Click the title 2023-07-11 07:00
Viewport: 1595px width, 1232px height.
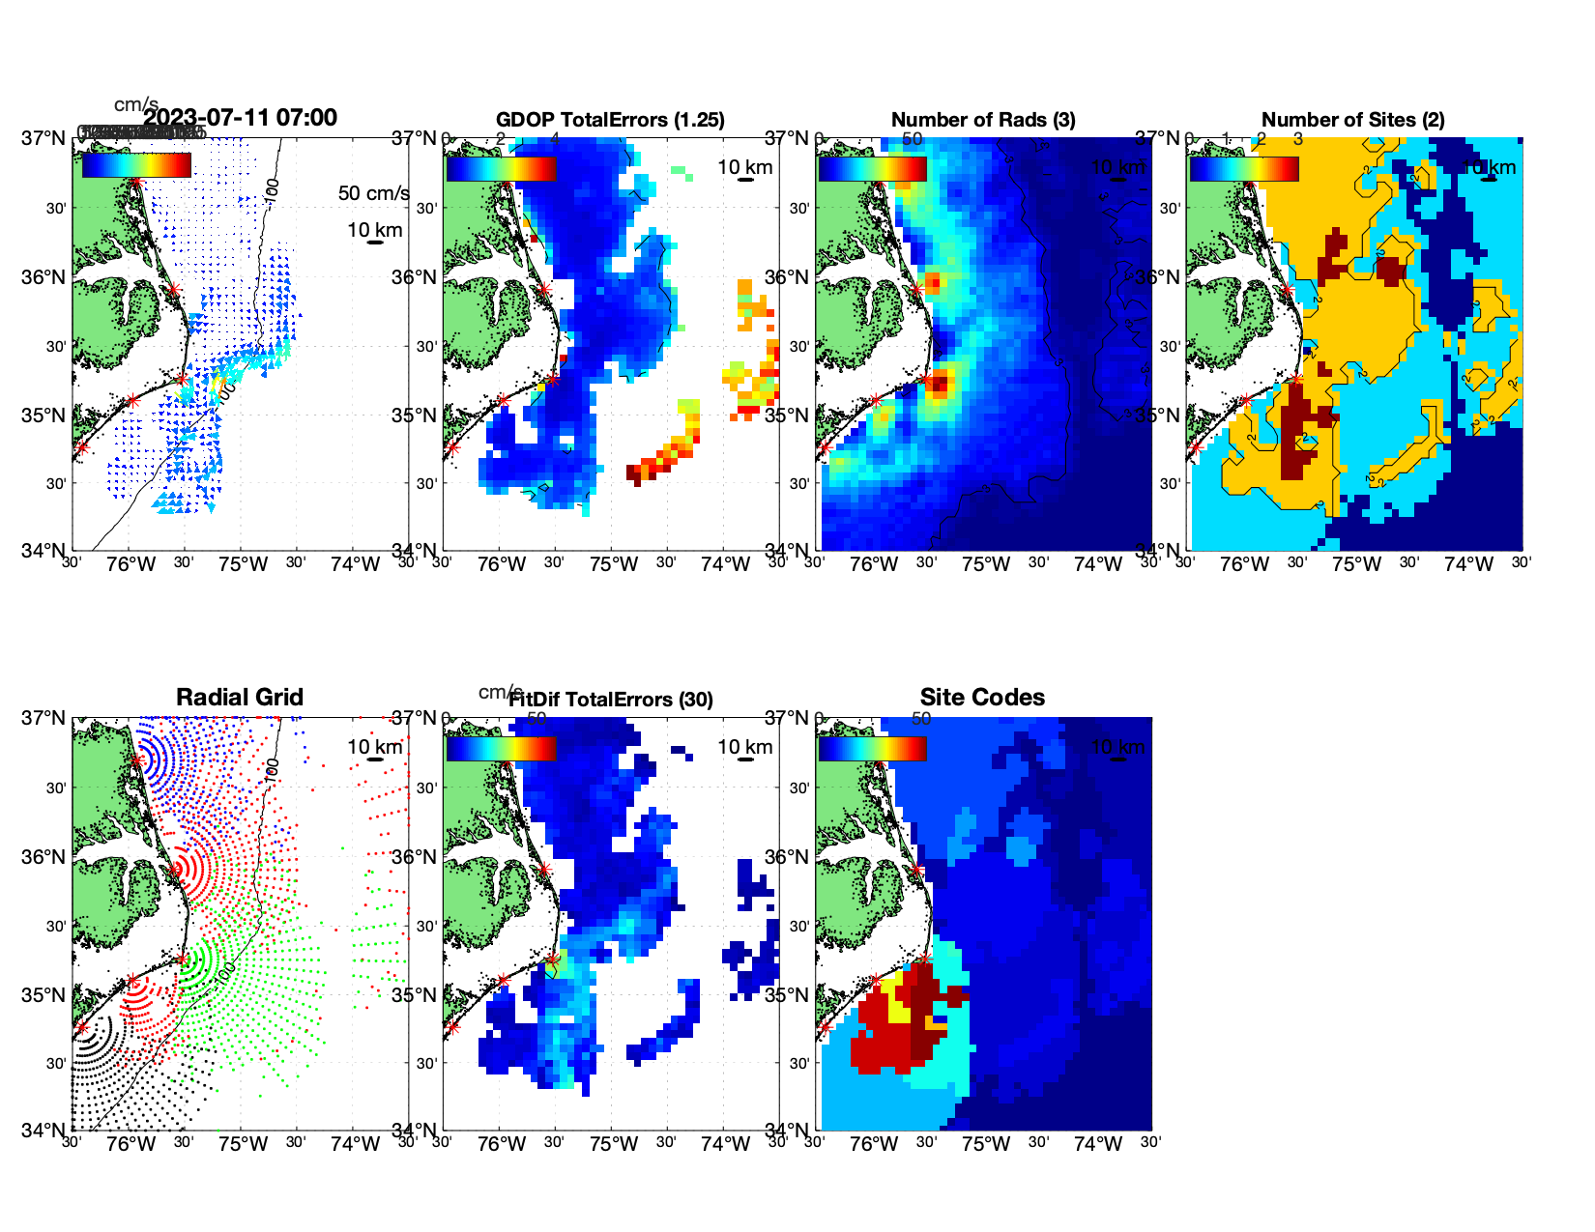point(240,118)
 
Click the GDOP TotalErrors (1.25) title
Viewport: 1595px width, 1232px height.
point(610,120)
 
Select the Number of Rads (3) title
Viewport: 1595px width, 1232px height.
point(982,120)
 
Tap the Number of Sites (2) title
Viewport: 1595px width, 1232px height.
point(1352,120)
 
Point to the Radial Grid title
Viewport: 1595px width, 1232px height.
point(240,698)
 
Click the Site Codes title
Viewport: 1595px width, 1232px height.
point(982,698)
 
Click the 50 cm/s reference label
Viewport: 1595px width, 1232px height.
point(373,193)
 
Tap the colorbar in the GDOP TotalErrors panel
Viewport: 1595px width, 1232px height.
point(501,168)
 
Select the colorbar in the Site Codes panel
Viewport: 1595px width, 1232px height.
point(872,748)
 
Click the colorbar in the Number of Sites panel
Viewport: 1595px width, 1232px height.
point(1244,168)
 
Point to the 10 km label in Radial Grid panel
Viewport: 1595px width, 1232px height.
point(374,747)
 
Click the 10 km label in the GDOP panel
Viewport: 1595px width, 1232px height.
point(744,167)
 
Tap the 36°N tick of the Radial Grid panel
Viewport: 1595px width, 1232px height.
point(43,857)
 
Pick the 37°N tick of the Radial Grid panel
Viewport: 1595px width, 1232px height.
point(43,718)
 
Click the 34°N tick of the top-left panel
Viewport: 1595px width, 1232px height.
point(43,551)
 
